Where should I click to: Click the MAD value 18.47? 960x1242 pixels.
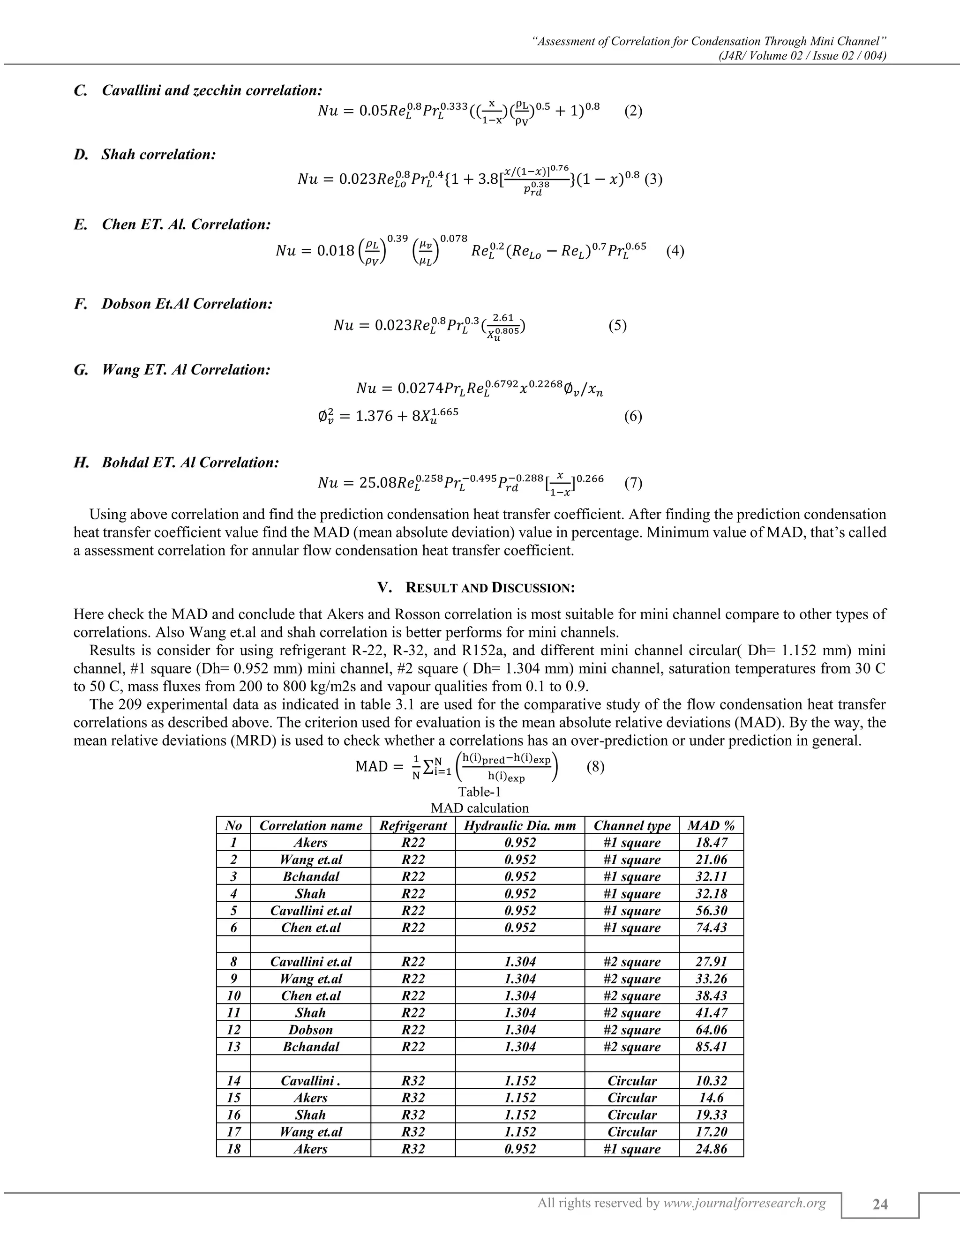(x=711, y=842)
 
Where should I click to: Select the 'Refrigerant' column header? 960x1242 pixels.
(x=413, y=825)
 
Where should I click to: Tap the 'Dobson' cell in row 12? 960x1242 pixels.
(x=310, y=1029)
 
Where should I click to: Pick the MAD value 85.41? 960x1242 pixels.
(x=711, y=1047)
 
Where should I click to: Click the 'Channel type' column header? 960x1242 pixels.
(x=632, y=825)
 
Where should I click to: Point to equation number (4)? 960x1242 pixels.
(x=675, y=251)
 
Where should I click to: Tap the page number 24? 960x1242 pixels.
(x=880, y=1205)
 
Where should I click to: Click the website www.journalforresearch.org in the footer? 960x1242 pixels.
(x=744, y=1203)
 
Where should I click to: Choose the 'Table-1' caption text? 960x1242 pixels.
(x=480, y=792)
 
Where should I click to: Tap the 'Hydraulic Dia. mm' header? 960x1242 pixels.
(x=520, y=825)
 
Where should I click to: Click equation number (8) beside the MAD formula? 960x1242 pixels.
(x=595, y=767)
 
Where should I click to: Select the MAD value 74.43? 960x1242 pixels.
(x=711, y=928)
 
